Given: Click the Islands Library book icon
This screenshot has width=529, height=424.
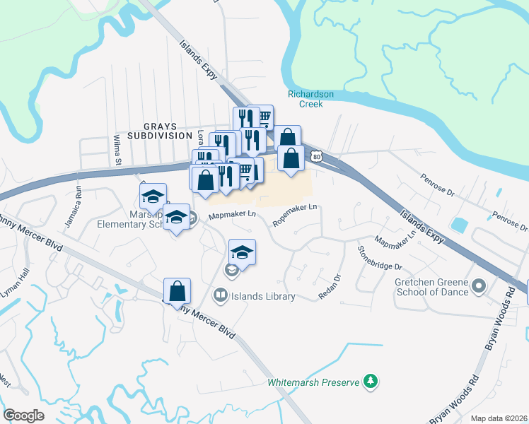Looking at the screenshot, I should (x=220, y=296).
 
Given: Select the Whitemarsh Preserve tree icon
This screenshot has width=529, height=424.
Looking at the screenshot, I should (x=369, y=382).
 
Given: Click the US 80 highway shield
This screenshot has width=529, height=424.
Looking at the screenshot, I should (x=317, y=156).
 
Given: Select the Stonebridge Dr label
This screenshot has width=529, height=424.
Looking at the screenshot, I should (x=379, y=257).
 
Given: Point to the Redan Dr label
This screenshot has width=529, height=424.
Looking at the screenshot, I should (x=330, y=286).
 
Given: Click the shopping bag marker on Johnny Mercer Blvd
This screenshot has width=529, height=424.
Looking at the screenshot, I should (x=177, y=291).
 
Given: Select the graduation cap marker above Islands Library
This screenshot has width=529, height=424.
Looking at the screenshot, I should (x=242, y=253).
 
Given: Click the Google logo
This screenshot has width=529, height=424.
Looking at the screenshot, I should (x=23, y=415).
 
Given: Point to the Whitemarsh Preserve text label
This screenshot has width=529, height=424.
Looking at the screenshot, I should (x=314, y=382).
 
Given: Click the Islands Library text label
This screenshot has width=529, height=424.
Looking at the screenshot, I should (x=262, y=297).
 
